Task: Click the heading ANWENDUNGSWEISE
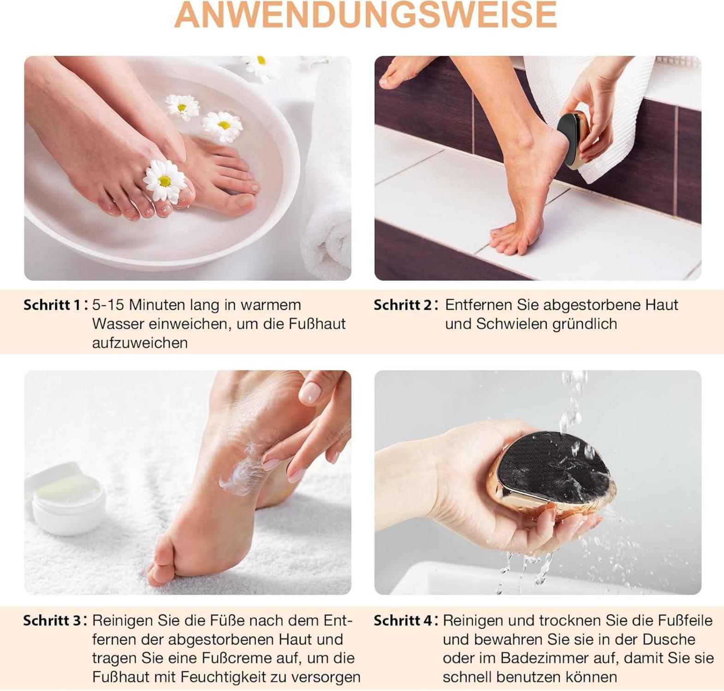(x=365, y=15)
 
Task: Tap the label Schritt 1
(x=52, y=305)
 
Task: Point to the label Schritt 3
(x=53, y=621)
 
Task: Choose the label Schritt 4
(x=403, y=621)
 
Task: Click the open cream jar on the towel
(x=65, y=498)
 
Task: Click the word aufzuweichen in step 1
(x=140, y=343)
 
